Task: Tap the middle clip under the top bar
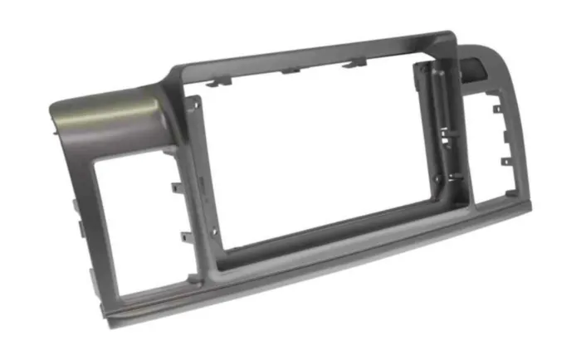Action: click(x=290, y=70)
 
